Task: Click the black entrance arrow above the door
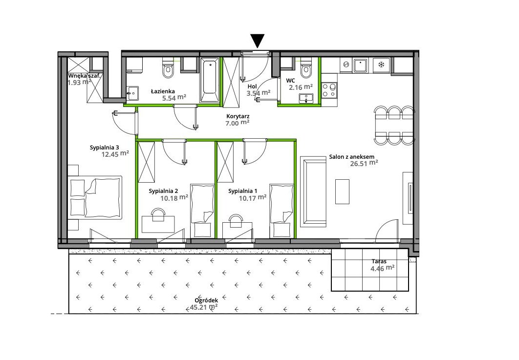pos(257,40)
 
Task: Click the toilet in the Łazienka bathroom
pos(168,67)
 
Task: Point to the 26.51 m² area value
pos(364,164)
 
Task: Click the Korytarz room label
pos(238,116)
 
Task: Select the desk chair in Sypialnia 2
pos(158,214)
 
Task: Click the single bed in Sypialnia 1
pos(281,211)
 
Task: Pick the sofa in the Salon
pos(313,191)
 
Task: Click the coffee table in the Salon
pos(342,191)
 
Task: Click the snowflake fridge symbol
pos(382,64)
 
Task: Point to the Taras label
pos(379,261)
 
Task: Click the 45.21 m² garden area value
pos(204,307)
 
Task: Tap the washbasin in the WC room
pos(306,99)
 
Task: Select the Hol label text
pos(252,86)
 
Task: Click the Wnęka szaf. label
pos(84,76)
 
